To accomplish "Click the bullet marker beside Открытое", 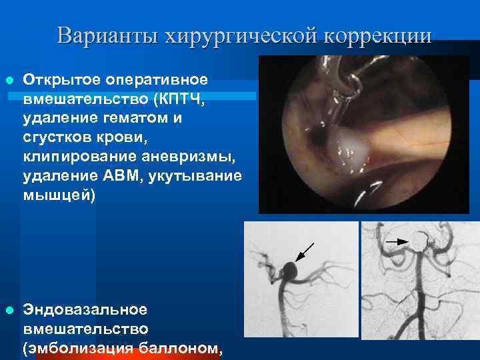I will pyautogui.click(x=8, y=81).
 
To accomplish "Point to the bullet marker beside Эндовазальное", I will pyautogui.click(x=8, y=310).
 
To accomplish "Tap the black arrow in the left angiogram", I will pyautogui.click(x=306, y=251).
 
